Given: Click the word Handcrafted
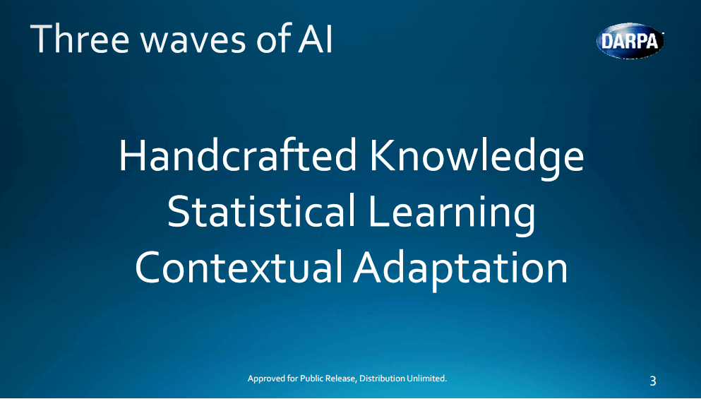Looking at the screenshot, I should (x=238, y=157).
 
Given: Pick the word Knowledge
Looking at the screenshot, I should (x=477, y=157).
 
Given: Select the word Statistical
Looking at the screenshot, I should (x=261, y=212).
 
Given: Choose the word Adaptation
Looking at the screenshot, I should (x=460, y=268).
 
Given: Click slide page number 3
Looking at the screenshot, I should (x=652, y=381).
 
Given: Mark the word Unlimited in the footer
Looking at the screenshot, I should (x=427, y=379).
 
